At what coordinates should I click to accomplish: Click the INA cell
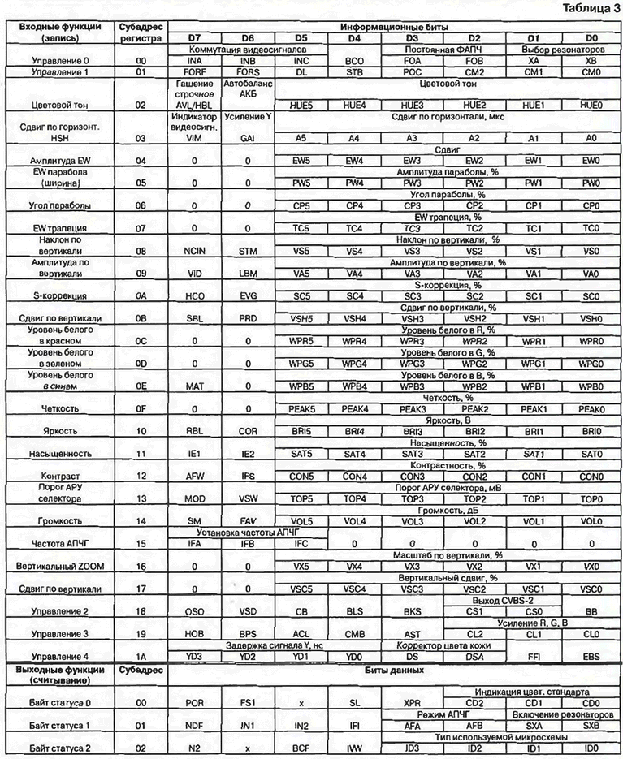195,61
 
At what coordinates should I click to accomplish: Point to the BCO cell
354,61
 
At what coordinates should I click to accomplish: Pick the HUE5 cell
301,106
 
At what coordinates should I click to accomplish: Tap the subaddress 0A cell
141,296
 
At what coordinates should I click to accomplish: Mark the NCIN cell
195,252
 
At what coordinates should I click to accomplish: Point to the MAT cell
195,386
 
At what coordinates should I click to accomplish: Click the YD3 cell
195,655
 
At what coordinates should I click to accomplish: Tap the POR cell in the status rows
195,701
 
